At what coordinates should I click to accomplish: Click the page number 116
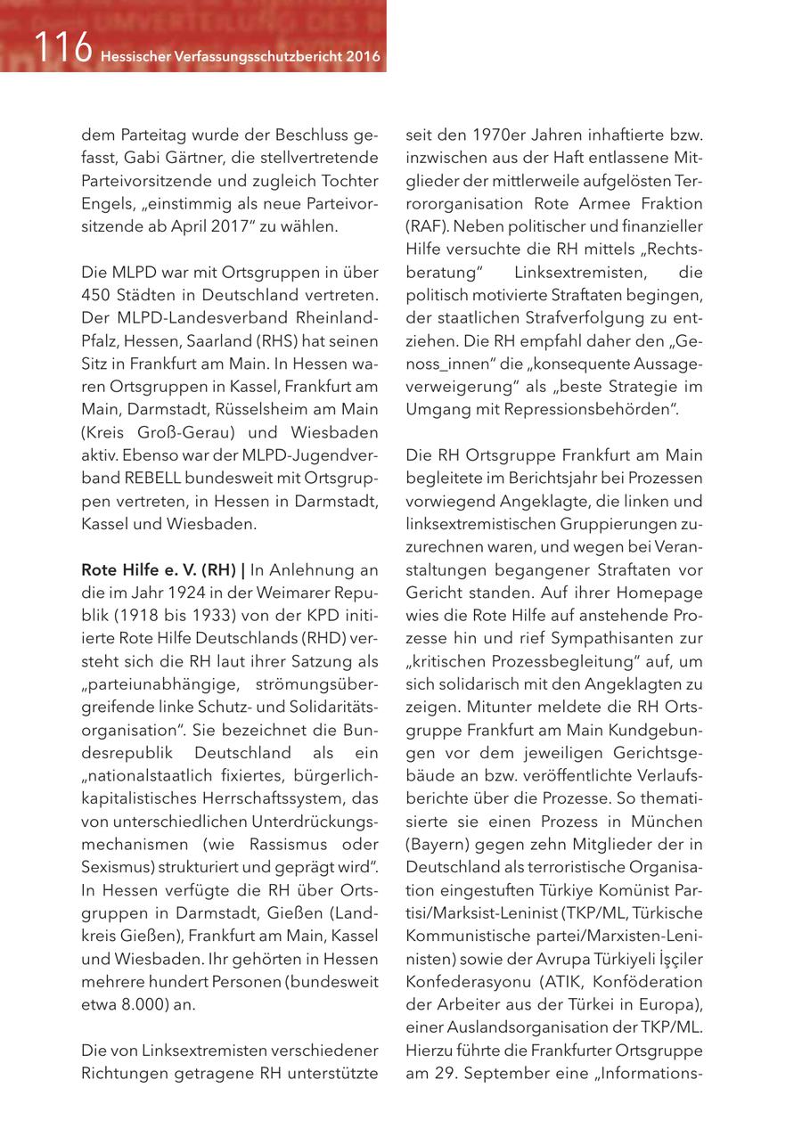pos(63,49)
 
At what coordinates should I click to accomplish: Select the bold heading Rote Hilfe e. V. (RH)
pos(159,568)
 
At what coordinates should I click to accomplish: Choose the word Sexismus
pos(117,866)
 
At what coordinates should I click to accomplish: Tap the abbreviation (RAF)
pos(426,226)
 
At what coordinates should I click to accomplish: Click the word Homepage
pos(659,592)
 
